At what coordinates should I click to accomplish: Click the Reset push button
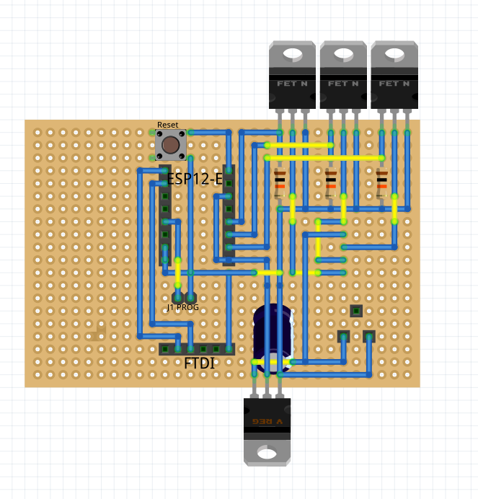click(x=171, y=146)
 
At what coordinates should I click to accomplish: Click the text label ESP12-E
click(x=195, y=179)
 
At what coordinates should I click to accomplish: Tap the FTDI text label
click(x=199, y=363)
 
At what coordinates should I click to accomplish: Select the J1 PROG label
click(x=182, y=307)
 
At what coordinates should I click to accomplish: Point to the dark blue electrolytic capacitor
click(x=273, y=337)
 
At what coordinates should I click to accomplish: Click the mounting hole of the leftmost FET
click(x=292, y=53)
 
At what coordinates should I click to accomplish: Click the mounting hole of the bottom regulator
click(x=267, y=454)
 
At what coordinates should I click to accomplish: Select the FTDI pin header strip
click(x=197, y=349)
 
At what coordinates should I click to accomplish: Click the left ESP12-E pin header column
click(x=165, y=216)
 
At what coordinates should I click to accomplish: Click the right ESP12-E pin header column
click(x=229, y=216)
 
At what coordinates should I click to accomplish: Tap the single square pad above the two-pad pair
click(x=356, y=311)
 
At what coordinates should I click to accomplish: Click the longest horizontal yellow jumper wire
click(x=324, y=156)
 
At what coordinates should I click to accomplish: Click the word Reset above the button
click(x=167, y=125)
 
